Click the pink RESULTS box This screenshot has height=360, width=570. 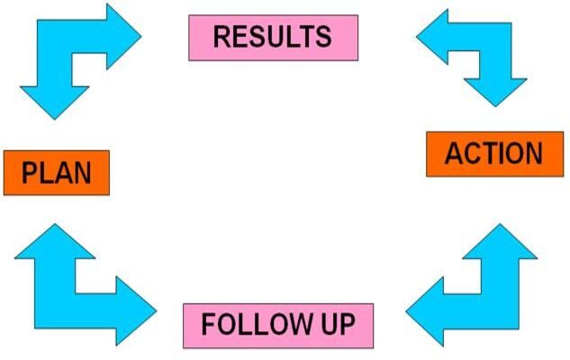tap(274, 38)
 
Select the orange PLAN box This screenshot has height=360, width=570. tap(57, 173)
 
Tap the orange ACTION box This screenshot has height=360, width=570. tap(494, 154)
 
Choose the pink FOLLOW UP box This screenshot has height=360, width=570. tap(278, 326)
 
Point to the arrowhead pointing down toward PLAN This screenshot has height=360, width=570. tap(55, 103)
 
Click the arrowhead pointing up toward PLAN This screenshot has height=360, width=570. tap(55, 241)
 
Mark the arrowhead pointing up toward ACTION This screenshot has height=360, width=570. tap(500, 241)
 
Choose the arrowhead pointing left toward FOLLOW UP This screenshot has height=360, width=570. tap(425, 311)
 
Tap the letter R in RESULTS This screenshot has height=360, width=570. tap(222, 37)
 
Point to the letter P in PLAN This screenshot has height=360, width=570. tap(29, 173)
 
